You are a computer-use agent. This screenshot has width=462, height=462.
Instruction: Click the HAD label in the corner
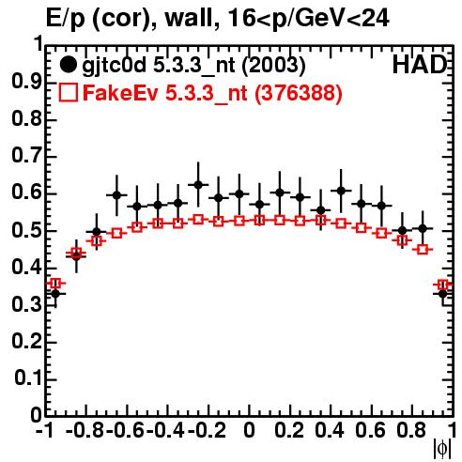click(x=420, y=65)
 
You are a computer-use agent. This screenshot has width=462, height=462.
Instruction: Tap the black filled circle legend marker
click(x=68, y=65)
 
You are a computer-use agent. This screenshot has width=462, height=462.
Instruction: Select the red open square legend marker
click(x=69, y=92)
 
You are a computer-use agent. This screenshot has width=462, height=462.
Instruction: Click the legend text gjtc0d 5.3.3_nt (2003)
click(x=193, y=66)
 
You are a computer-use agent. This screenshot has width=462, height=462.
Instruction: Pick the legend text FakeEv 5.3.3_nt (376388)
click(x=212, y=93)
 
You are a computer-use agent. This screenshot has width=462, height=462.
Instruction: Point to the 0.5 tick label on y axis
click(x=26, y=230)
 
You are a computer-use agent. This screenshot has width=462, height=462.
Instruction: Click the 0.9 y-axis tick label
click(x=26, y=82)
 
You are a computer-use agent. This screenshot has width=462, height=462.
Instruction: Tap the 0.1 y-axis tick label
click(x=28, y=378)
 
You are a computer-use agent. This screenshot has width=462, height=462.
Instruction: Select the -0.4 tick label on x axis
click(x=165, y=430)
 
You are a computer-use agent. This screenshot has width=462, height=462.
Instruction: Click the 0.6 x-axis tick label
click(x=370, y=430)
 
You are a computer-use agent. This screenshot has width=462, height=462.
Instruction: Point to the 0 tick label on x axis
click(x=249, y=430)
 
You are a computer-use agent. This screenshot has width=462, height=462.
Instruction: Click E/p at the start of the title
click(x=66, y=19)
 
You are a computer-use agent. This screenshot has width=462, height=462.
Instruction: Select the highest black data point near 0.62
click(x=198, y=185)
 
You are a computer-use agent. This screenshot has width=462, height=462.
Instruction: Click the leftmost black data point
click(x=55, y=294)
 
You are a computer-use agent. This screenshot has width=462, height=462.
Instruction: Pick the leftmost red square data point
click(x=55, y=284)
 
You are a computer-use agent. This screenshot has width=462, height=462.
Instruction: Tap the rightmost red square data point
click(x=443, y=285)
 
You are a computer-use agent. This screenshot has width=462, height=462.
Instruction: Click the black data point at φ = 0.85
click(x=423, y=228)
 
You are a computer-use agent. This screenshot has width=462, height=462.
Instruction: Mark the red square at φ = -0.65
click(x=116, y=233)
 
